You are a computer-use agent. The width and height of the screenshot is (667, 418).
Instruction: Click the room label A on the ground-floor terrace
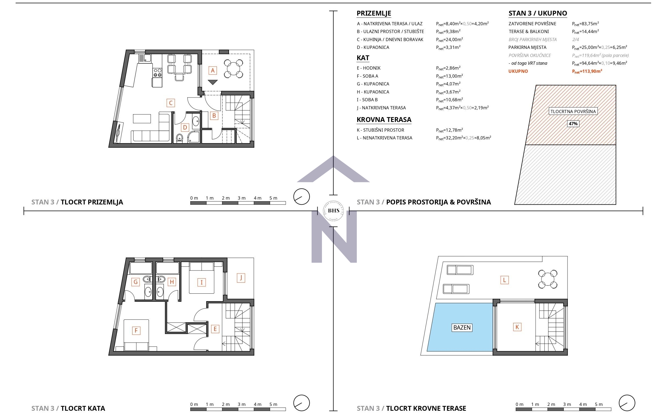click(x=212, y=70)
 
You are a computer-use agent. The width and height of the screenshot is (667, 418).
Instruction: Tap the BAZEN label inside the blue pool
click(x=462, y=327)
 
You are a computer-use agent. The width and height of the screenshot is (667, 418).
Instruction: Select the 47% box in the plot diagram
click(x=573, y=124)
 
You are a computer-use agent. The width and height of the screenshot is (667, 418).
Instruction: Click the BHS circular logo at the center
click(x=333, y=211)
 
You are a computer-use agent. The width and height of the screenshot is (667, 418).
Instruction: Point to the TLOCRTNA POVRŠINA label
click(x=573, y=111)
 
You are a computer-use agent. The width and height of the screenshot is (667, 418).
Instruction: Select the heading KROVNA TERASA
click(x=384, y=120)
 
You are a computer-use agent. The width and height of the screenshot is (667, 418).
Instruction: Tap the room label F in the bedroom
click(x=136, y=330)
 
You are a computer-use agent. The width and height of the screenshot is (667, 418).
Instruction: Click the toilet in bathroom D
click(x=180, y=137)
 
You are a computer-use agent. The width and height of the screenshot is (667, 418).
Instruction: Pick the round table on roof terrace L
click(x=547, y=279)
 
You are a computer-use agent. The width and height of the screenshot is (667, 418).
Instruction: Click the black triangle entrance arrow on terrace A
click(x=212, y=82)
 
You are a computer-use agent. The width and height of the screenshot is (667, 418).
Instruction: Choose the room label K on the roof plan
click(x=517, y=327)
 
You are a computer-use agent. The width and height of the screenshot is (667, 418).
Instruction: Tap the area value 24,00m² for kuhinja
click(x=449, y=39)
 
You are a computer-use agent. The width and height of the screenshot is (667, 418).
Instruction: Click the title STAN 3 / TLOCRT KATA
click(x=68, y=408)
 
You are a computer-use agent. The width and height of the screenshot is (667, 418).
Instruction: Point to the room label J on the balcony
click(x=241, y=278)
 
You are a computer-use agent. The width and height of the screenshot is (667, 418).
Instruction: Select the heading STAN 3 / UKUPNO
click(x=537, y=13)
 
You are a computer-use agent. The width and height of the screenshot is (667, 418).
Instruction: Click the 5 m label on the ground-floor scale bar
click(x=273, y=198)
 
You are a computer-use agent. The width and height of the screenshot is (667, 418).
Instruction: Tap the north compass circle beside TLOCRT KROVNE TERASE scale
click(x=627, y=403)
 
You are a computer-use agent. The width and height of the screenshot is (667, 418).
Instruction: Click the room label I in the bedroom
click(x=201, y=282)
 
